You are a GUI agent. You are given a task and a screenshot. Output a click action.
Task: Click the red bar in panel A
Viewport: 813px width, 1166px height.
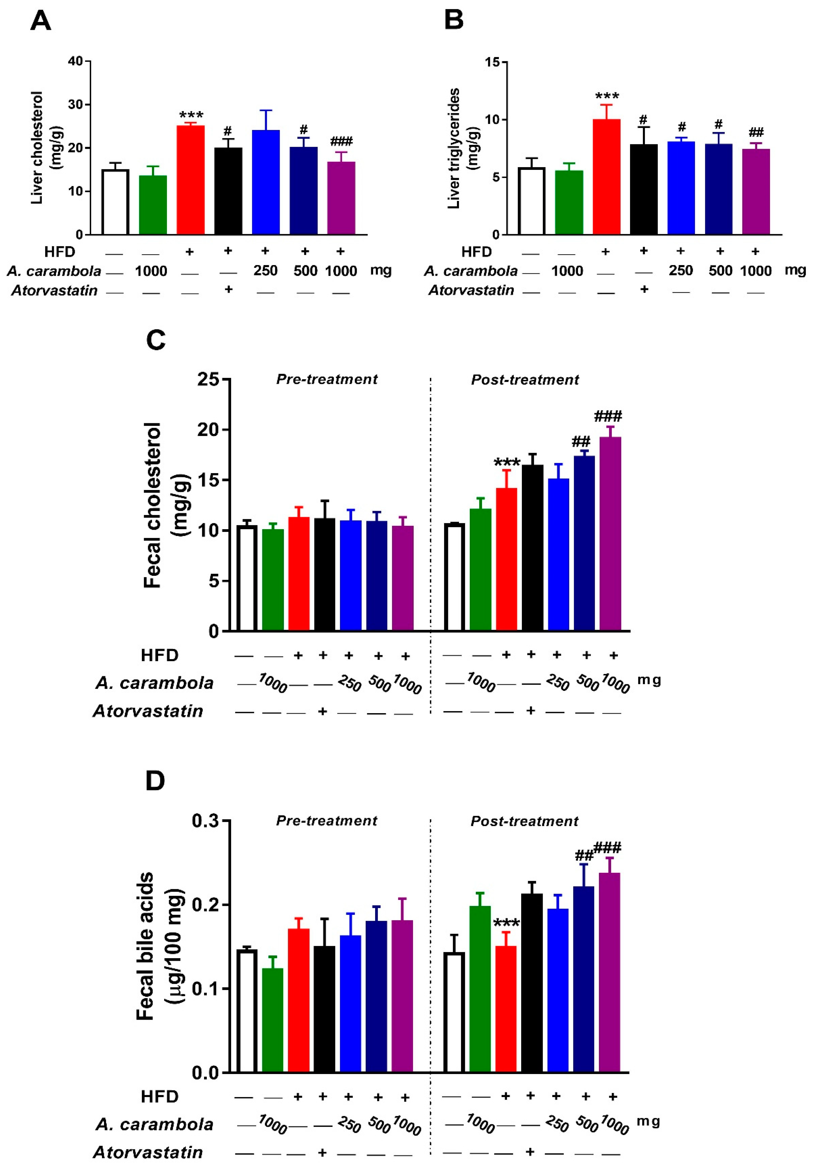pyautogui.click(x=190, y=180)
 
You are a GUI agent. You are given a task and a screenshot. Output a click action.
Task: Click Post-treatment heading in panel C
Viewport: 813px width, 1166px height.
pyautogui.click(x=525, y=380)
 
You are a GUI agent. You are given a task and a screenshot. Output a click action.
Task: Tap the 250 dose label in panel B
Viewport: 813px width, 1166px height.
pyautogui.click(x=680, y=271)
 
